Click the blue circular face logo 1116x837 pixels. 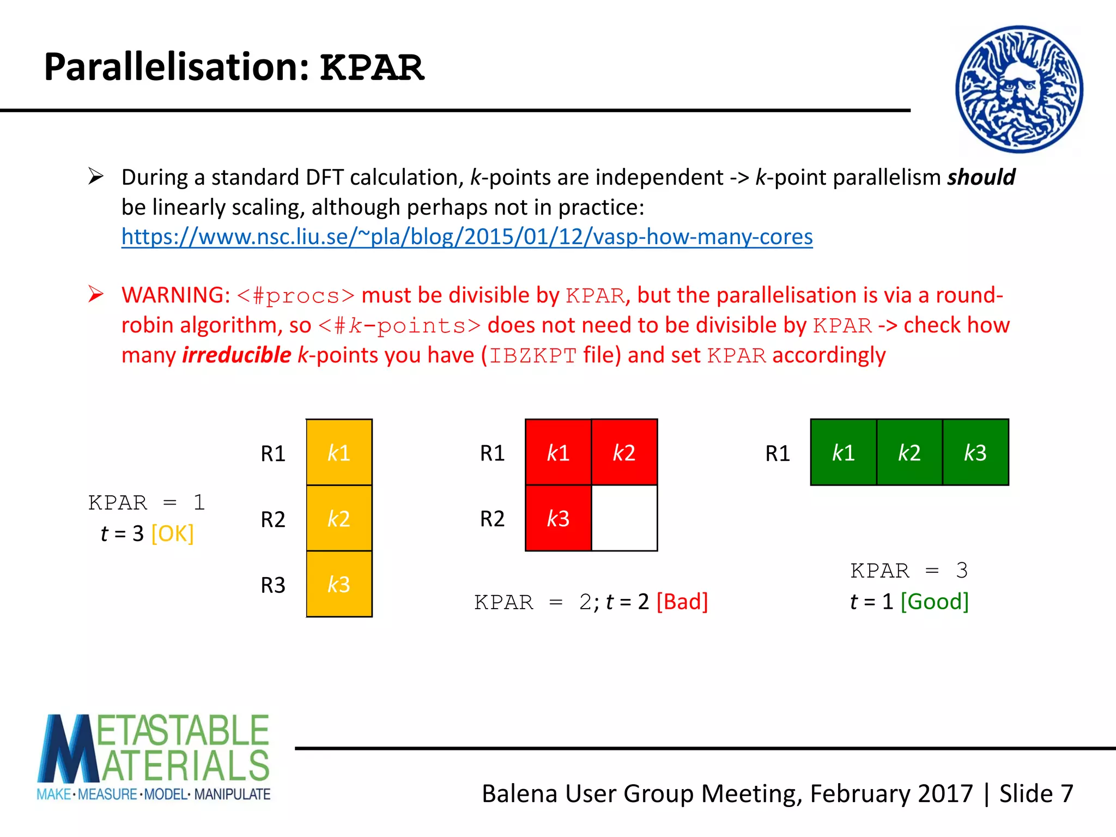tap(1019, 89)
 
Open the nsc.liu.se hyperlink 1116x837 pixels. tap(466, 237)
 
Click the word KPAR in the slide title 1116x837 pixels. tap(372, 68)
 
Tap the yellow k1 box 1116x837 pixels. tap(339, 452)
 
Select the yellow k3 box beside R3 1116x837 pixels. tap(339, 584)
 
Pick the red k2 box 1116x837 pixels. tap(624, 452)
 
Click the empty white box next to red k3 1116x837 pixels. tap(624, 518)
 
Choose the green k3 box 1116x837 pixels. tap(975, 452)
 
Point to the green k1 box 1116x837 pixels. tap(844, 452)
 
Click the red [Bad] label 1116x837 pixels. tap(682, 602)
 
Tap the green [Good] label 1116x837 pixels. tap(934, 602)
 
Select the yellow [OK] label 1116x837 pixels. tap(172, 533)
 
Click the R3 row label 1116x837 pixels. tap(273, 585)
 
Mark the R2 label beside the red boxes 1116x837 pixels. tap(492, 519)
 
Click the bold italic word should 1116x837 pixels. tap(981, 178)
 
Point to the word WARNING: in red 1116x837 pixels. tap(175, 295)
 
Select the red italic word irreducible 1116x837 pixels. tap(236, 355)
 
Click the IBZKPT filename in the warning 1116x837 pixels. tap(532, 356)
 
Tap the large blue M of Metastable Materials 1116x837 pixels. tap(68, 749)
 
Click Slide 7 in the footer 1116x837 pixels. tap(1036, 793)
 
